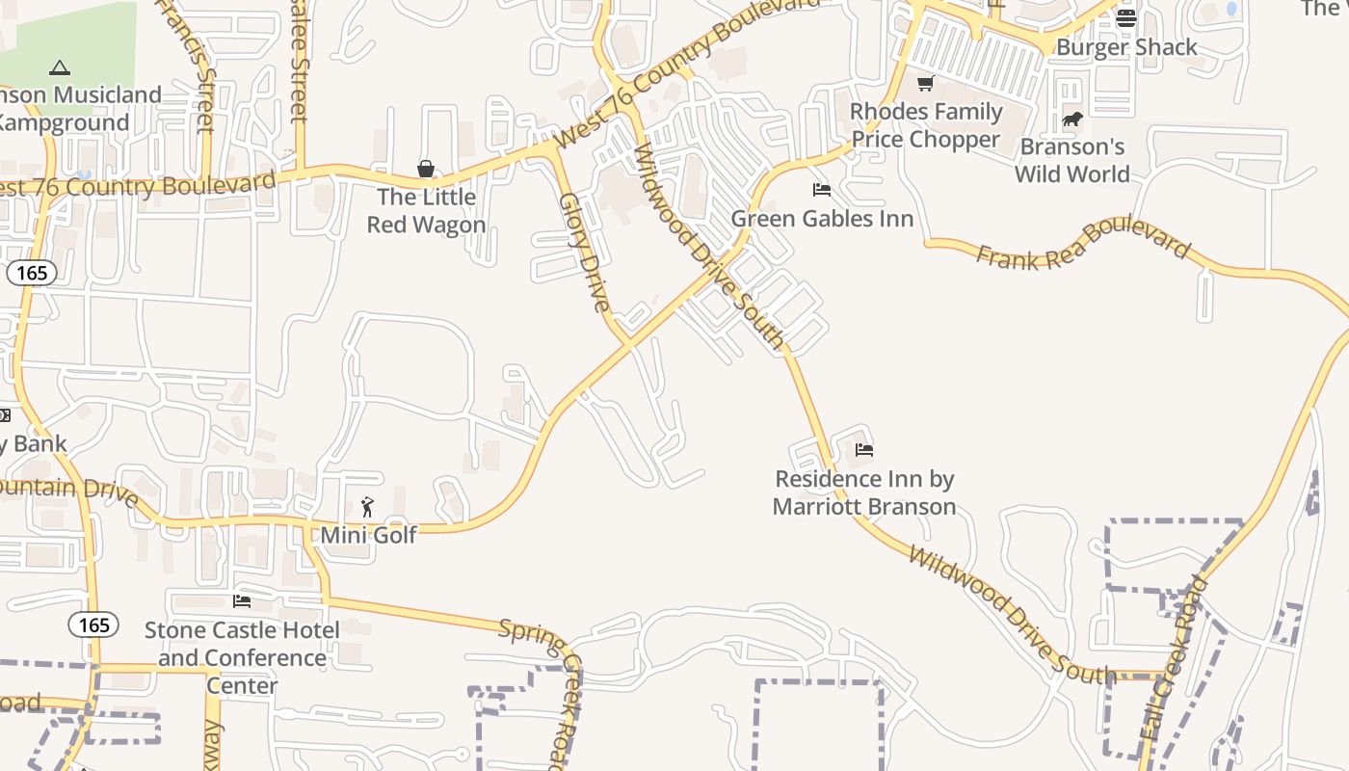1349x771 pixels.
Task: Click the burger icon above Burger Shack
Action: tap(1126, 18)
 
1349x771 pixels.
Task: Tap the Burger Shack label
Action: tap(1126, 47)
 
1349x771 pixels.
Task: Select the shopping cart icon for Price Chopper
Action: tap(926, 84)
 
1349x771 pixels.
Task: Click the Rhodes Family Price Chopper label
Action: tap(926, 125)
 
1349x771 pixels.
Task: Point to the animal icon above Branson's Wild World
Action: tap(1072, 120)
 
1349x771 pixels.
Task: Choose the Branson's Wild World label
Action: tap(1072, 160)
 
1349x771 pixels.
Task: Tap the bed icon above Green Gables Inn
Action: tap(822, 190)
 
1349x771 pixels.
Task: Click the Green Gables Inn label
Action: tap(822, 219)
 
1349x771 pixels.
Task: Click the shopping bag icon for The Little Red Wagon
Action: tap(426, 170)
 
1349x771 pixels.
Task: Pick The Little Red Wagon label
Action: tap(426, 211)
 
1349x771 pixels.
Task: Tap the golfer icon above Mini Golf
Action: tap(367, 507)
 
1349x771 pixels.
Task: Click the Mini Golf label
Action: tap(369, 535)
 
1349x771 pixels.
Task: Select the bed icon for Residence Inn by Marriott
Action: tap(864, 450)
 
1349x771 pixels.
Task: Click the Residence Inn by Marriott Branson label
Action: tap(864, 492)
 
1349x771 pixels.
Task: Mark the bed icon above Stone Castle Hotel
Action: tap(242, 601)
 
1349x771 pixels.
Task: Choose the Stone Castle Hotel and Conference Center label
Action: tap(242, 658)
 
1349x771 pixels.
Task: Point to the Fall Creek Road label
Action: tap(1174, 658)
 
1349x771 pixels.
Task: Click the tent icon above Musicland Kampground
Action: tap(60, 68)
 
